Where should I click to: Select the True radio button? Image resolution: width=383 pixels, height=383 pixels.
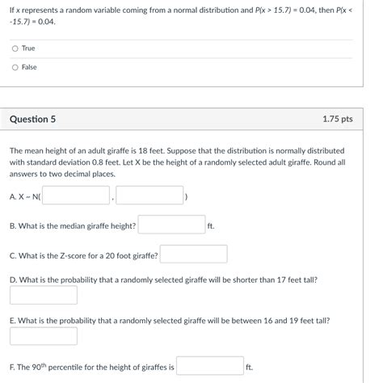[15, 48]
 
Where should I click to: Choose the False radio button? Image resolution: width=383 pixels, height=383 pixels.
[15, 67]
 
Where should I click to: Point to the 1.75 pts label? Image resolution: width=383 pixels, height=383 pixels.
[337, 119]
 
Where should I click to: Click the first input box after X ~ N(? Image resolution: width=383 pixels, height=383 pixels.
[76, 195]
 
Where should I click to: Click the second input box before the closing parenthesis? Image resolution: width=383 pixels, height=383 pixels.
[149, 195]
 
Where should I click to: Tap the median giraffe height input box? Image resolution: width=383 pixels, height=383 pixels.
[170, 225]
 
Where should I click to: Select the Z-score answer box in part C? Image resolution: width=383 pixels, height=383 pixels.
[193, 255]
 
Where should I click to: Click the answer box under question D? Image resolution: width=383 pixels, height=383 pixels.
[43, 295]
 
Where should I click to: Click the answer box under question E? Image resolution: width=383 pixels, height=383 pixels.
[43, 336]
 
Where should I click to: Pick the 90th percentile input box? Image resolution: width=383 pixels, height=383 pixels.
[209, 366]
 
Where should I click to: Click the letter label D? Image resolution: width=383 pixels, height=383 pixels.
[12, 280]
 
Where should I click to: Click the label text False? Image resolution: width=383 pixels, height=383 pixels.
[29, 67]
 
